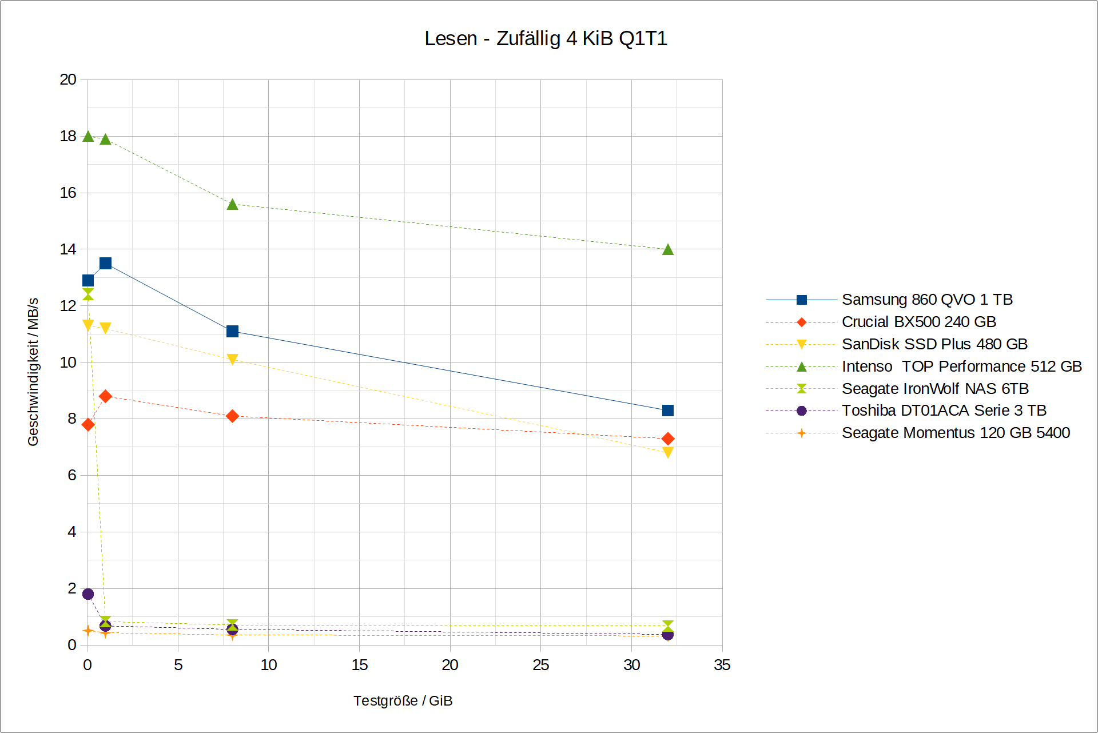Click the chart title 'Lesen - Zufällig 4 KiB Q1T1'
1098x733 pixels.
coord(546,38)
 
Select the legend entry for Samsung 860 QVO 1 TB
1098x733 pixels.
coord(926,300)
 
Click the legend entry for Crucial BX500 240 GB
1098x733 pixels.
coord(918,322)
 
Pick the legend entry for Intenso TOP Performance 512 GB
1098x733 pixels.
coord(961,366)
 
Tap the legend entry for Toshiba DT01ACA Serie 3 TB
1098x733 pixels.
coord(944,411)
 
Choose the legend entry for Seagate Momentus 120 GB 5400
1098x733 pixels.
coord(955,433)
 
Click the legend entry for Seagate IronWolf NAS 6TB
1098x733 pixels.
coord(935,389)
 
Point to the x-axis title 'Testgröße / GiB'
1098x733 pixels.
coord(403,701)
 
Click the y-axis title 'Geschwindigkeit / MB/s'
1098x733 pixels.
coord(33,372)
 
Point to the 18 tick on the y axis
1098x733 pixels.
coord(68,136)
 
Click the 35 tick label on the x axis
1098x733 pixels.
coord(722,665)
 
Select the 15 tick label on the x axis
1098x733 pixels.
coord(359,665)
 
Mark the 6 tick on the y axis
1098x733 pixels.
coord(71,475)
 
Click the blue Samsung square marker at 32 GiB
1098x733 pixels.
coord(667,411)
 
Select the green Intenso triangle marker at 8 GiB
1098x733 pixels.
coord(232,205)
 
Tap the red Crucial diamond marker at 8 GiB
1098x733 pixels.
coord(232,416)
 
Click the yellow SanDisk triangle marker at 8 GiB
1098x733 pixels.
coord(232,359)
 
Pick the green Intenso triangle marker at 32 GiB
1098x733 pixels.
coord(667,250)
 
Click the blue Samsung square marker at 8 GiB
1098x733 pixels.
coord(232,332)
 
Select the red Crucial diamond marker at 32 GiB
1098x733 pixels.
coord(667,439)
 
